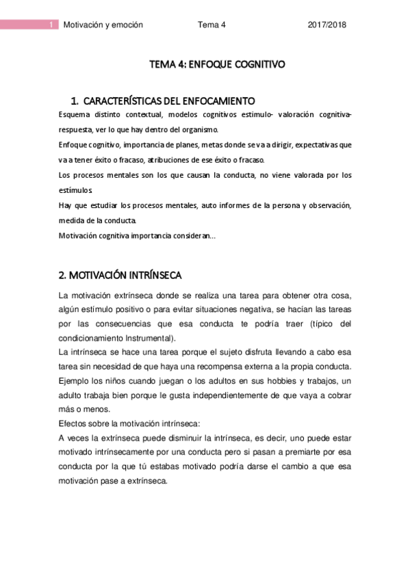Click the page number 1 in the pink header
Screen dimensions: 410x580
click(x=52, y=25)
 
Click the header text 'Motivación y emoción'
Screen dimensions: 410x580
click(x=103, y=25)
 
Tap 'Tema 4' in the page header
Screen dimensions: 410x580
click(x=212, y=25)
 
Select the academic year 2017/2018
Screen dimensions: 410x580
click(x=327, y=25)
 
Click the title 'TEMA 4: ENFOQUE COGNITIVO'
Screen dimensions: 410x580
click(x=217, y=65)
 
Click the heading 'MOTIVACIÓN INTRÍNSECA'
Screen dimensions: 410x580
click(x=129, y=275)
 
